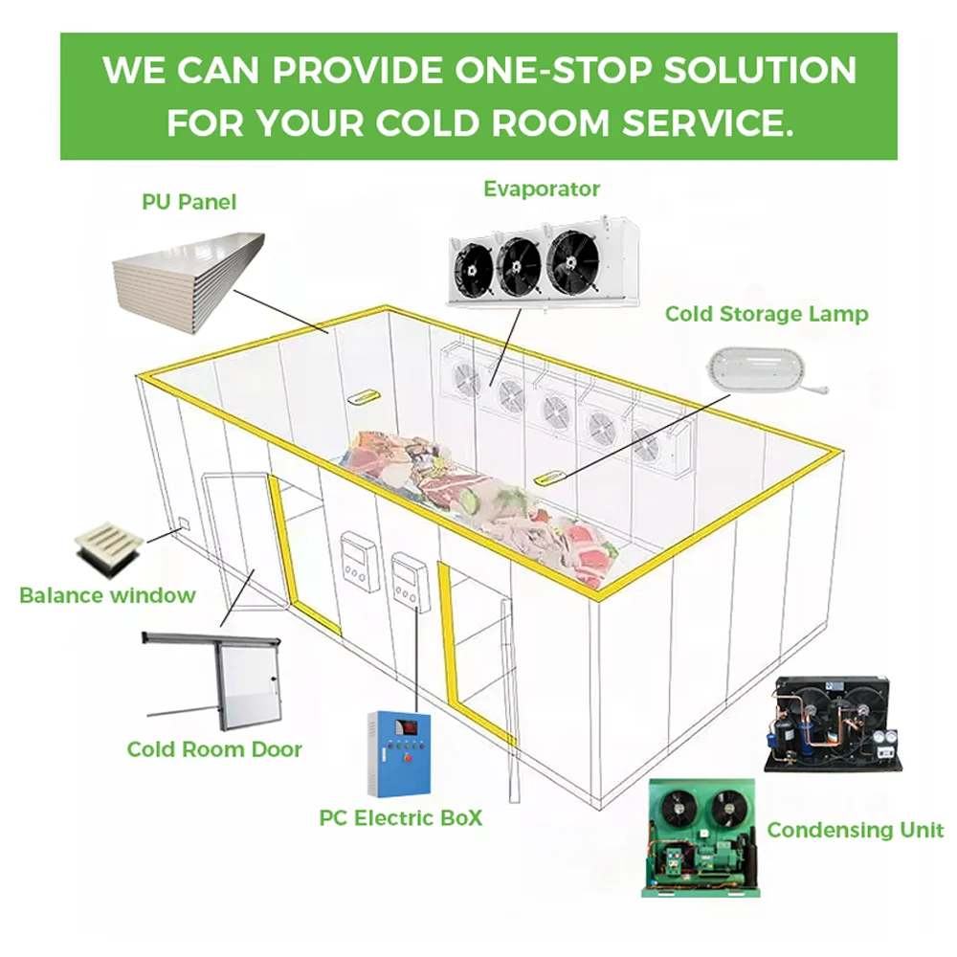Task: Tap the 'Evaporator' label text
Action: coord(542,189)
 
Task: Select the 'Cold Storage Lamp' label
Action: coord(767,313)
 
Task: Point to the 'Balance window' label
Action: coord(107,595)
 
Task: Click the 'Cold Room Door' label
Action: coord(214,749)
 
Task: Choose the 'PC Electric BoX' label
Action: coord(401,818)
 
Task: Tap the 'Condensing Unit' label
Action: coord(856,830)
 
